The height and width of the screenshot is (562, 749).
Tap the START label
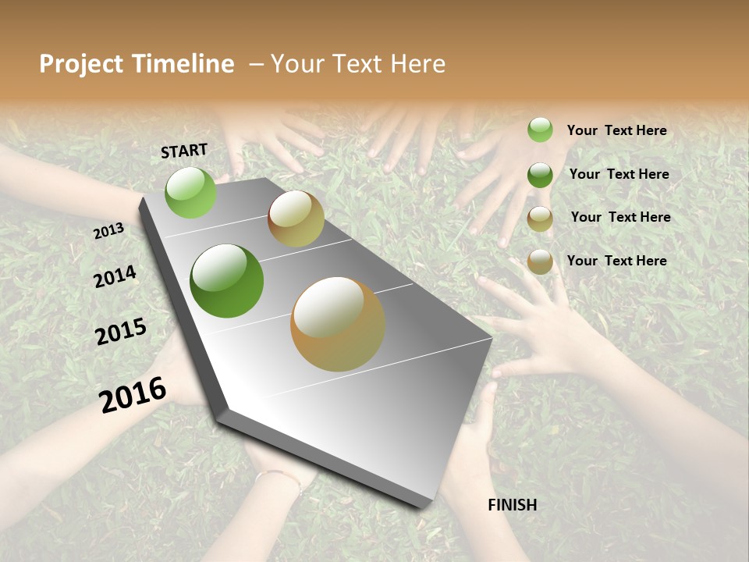[184, 151]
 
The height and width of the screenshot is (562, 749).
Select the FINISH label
[512, 505]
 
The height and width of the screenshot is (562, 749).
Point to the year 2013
[108, 231]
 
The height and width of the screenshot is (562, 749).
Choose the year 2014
[115, 277]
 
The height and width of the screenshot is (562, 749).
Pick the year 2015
[121, 332]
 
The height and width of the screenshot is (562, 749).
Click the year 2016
[133, 394]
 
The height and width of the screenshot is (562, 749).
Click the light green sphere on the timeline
[191, 193]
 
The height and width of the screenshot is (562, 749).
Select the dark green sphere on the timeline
[227, 281]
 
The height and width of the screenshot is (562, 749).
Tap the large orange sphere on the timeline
[338, 324]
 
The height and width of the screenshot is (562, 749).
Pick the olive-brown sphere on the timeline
[296, 219]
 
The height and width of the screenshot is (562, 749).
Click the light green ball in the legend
[540, 130]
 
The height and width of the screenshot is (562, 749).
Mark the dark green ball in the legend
[540, 175]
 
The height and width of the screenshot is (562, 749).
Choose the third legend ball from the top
[540, 219]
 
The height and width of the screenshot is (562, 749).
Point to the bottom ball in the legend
[540, 261]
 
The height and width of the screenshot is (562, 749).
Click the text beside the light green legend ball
[616, 130]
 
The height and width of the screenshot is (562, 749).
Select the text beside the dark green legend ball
[619, 174]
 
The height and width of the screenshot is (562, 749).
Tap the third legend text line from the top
[620, 217]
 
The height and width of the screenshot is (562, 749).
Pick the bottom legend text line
[616, 261]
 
